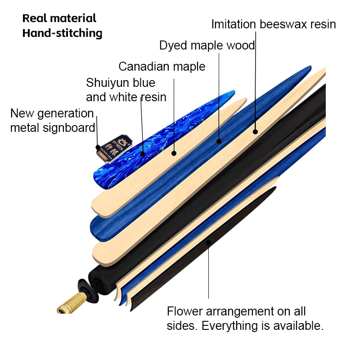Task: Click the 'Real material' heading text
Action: pos(59,18)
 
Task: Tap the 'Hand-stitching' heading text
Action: pos(62,33)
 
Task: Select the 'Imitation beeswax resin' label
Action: pos(274,24)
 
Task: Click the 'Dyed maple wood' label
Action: pos(207,45)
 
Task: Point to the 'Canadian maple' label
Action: pos(162,67)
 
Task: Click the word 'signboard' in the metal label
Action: pos(69,128)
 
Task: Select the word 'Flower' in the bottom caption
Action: pos(185,311)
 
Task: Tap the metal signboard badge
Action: pos(115,148)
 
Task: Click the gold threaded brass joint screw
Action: pos(72,303)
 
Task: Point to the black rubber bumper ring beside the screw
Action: pos(88,290)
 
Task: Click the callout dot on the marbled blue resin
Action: pos(143,154)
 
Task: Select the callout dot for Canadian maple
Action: pos(174,153)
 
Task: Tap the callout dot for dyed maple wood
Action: pos(219,141)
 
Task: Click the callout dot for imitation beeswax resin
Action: pos(255,132)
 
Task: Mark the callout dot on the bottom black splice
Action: pos(208,243)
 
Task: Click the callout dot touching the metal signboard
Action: pos(98,147)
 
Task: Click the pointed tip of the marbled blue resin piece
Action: pos(234,91)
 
